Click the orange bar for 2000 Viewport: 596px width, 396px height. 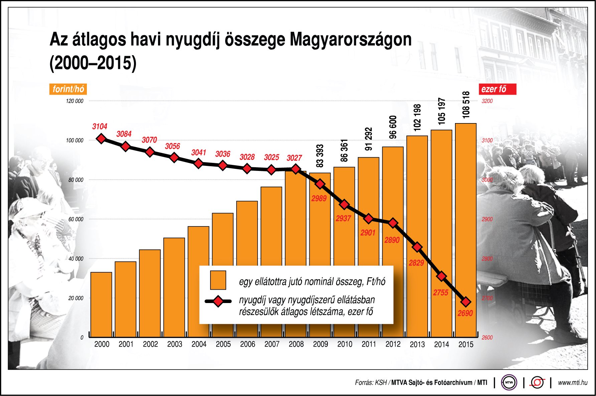coord(101,304)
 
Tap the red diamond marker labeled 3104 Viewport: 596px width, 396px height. coord(101,138)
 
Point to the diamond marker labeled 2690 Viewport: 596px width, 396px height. coord(466,302)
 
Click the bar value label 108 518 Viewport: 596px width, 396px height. coord(466,105)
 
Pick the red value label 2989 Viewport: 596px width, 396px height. coord(319,198)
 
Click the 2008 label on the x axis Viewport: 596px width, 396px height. coord(296,344)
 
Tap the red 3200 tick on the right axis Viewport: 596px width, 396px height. coord(487,101)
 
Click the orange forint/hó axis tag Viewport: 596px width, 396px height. coord(68,89)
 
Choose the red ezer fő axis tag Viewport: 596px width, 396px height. coord(497,89)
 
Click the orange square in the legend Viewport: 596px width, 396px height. coord(218,280)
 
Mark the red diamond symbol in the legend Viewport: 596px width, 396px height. coord(218,301)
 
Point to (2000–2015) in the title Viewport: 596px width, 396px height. coord(93,63)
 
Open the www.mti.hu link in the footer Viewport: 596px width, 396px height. coord(572,383)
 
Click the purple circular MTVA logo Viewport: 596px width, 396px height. coord(509,382)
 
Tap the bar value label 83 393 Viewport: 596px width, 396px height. coord(320,156)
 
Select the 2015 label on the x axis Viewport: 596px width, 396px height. coord(466,344)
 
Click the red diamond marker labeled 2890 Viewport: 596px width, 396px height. coord(393,223)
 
